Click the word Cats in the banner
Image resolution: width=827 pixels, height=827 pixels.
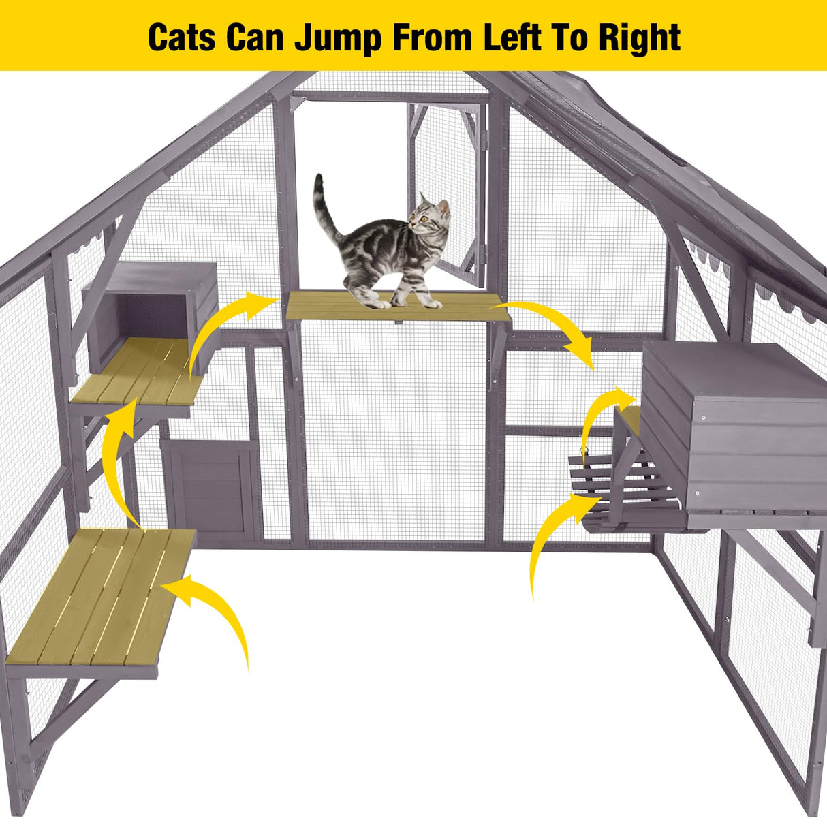click(182, 37)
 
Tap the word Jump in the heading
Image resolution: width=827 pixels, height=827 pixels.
click(337, 37)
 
